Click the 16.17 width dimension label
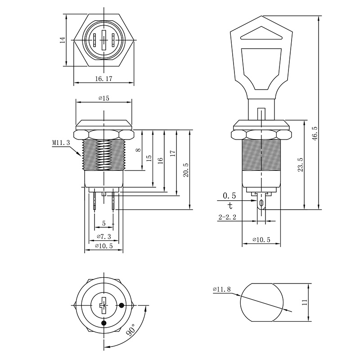104,79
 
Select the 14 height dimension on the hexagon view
63,40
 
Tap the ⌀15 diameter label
104,98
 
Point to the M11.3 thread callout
61,143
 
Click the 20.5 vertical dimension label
186,170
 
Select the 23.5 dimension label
301,165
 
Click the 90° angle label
132,330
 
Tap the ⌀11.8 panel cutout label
222,289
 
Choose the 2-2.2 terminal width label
227,217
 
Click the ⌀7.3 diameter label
104,237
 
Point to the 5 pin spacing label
104,223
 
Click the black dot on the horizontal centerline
121,305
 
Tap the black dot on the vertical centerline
104,323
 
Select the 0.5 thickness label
229,196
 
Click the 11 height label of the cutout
305,302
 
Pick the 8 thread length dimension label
138,150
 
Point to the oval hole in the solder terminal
261,203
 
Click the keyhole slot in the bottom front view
103,306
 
